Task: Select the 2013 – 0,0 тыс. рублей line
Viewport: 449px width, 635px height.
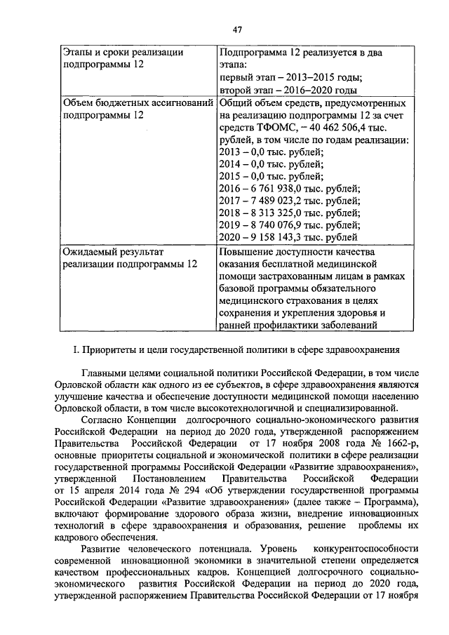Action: click(x=271, y=152)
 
